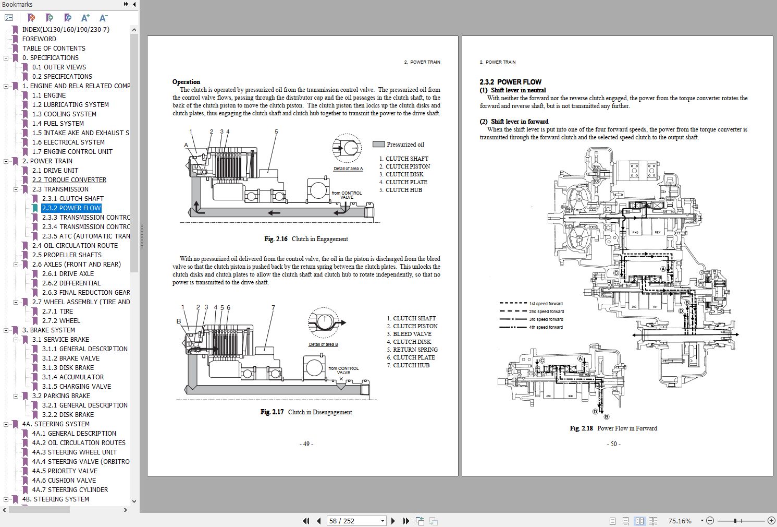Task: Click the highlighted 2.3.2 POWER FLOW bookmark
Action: pyautogui.click(x=71, y=208)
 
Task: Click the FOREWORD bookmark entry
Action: pyautogui.click(x=39, y=39)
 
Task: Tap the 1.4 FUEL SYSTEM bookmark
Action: pyautogui.click(x=58, y=123)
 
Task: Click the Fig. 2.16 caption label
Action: pyautogui.click(x=306, y=239)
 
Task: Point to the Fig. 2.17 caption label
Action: pyautogui.click(x=306, y=412)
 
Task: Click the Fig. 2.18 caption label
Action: pyautogui.click(x=613, y=428)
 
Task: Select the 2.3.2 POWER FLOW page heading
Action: pyautogui.click(x=510, y=82)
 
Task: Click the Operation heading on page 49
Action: pyautogui.click(x=186, y=82)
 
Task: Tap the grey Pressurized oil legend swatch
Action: pyautogui.click(x=378, y=145)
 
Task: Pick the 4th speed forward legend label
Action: pyautogui.click(x=546, y=327)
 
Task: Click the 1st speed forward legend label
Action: pyautogui.click(x=546, y=304)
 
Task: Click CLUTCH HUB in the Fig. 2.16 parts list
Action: pyautogui.click(x=404, y=190)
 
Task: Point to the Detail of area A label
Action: pyautogui.click(x=348, y=169)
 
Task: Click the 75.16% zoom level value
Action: pyautogui.click(x=680, y=521)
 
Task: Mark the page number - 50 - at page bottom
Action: pyautogui.click(x=613, y=444)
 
